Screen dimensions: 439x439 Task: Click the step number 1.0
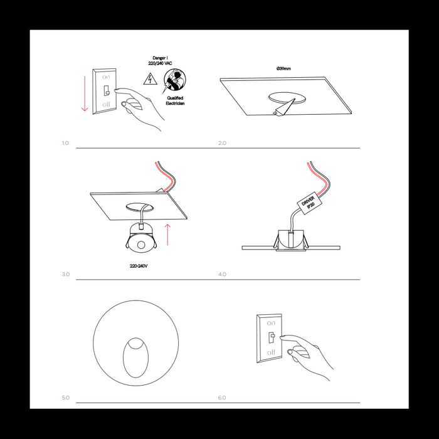pyautogui.click(x=65, y=143)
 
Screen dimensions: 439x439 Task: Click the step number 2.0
pyautogui.click(x=222, y=143)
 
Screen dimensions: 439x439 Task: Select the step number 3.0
pyautogui.click(x=65, y=275)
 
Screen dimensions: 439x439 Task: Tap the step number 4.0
pyautogui.click(x=222, y=275)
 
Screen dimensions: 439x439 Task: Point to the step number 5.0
pyautogui.click(x=65, y=398)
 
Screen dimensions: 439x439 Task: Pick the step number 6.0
pyautogui.click(x=222, y=398)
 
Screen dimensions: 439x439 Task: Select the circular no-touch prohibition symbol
pyautogui.click(x=174, y=80)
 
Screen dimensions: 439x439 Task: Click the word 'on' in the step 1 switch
pyautogui.click(x=105, y=75)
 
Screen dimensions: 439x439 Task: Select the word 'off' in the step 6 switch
pyautogui.click(x=271, y=353)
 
